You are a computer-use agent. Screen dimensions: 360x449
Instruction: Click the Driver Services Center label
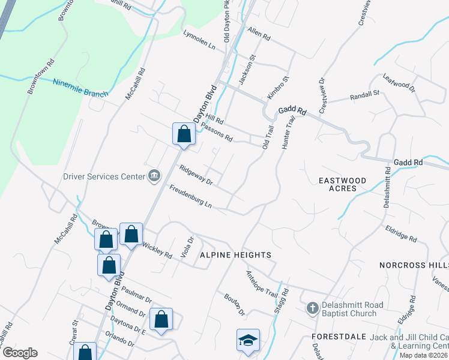[x=104, y=176]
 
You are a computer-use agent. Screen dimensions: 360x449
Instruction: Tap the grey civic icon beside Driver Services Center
[x=154, y=176]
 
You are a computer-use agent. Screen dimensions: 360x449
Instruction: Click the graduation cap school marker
[x=248, y=340]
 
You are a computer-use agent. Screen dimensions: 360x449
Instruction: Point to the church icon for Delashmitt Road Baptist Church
[x=312, y=308]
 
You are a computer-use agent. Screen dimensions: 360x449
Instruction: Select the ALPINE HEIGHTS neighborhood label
[x=235, y=255]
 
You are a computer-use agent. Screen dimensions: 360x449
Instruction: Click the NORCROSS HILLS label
[x=414, y=265]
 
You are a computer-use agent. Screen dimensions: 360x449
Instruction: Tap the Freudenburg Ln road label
[x=190, y=197]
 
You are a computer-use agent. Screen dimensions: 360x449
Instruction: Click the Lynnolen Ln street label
[x=199, y=41]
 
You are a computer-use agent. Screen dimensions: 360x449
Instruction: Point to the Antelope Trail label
[x=262, y=282]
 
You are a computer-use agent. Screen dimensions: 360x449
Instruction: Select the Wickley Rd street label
[x=157, y=250]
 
